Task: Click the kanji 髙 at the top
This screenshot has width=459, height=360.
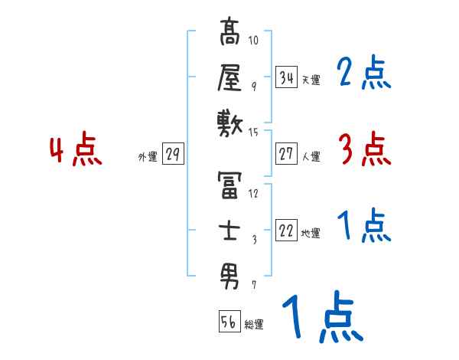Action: pos(230,36)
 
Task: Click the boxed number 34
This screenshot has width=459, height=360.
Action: pos(287,77)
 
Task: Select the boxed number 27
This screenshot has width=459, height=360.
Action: pos(287,154)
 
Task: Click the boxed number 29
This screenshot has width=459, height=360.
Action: pos(172,154)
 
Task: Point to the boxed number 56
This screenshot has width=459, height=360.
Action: pos(229,322)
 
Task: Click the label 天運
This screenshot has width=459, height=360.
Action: pos(311,80)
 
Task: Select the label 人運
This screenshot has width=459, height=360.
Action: pos(311,157)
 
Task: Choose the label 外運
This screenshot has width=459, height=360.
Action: pos(147,157)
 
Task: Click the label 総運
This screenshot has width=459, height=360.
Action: pos(253,325)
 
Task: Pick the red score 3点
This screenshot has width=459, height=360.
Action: pos(363,149)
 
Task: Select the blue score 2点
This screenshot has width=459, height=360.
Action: pos(363,74)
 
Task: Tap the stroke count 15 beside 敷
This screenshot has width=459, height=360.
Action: pos(254,133)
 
